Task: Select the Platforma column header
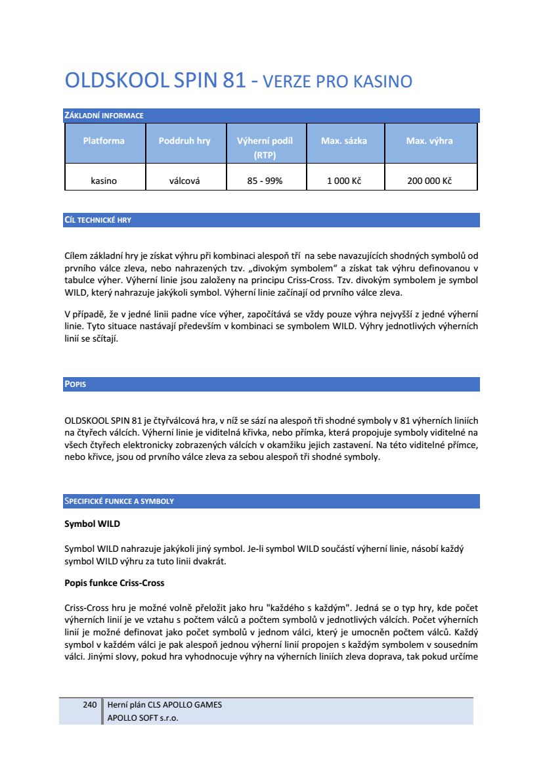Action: [x=104, y=141]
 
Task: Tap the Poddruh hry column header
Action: [x=185, y=141]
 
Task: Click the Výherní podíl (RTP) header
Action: [x=265, y=147]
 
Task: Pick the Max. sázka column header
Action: [x=344, y=141]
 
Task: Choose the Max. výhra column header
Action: [x=429, y=141]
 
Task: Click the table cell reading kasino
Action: [x=104, y=181]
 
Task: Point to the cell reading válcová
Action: [x=185, y=181]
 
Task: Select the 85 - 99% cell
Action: [x=265, y=181]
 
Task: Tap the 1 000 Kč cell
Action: [x=344, y=181]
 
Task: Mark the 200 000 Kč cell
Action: [x=429, y=181]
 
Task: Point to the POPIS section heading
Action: [x=76, y=384]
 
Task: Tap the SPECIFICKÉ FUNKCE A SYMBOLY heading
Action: [x=119, y=501]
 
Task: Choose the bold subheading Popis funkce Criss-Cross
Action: [x=114, y=583]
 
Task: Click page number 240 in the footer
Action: [x=90, y=705]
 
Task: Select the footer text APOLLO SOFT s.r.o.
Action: [x=142, y=717]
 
